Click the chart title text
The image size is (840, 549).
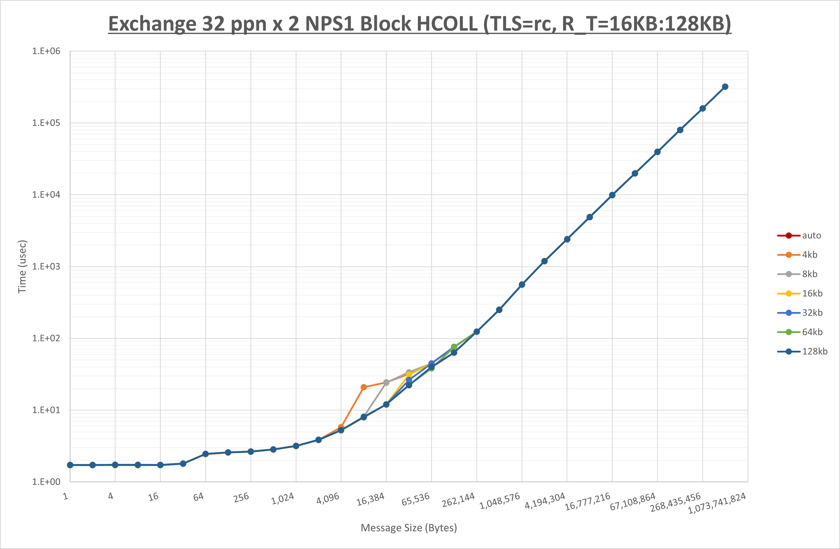pos(420,24)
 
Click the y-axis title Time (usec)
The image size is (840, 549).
pos(22,266)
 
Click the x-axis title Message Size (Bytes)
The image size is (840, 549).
pos(409,528)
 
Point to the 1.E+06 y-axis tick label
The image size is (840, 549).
pos(46,51)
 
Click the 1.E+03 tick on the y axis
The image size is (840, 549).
pos(46,266)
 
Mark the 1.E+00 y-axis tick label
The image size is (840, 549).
pos(46,482)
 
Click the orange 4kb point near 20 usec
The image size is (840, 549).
pos(364,387)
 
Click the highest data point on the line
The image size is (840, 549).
pos(725,87)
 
